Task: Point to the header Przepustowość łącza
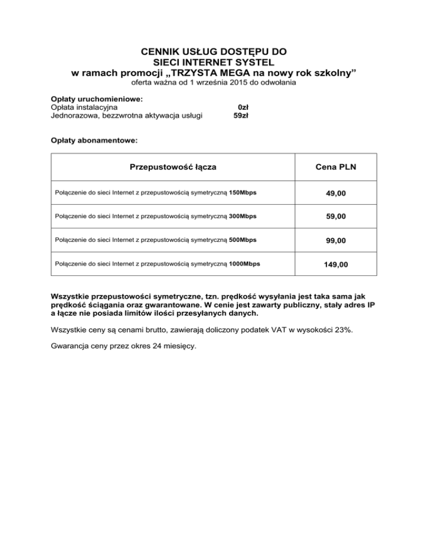[x=173, y=167]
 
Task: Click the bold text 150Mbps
[x=243, y=193]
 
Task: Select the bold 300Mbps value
[x=243, y=216]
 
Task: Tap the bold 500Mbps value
[x=243, y=240]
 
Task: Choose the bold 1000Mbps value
[x=245, y=263]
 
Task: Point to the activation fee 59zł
[x=241, y=116]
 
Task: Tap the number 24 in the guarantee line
[x=151, y=345]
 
